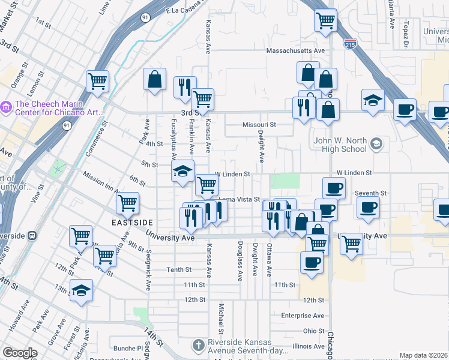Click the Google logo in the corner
tap(20, 353)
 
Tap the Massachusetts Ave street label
tap(295, 50)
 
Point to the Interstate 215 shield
tap(351, 44)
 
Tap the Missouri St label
tap(259, 125)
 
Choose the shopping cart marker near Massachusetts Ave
tap(325, 20)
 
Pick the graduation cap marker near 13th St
tap(82, 291)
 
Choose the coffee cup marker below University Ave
tap(312, 262)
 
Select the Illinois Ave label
tap(309, 346)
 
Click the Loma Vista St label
tap(239, 199)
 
